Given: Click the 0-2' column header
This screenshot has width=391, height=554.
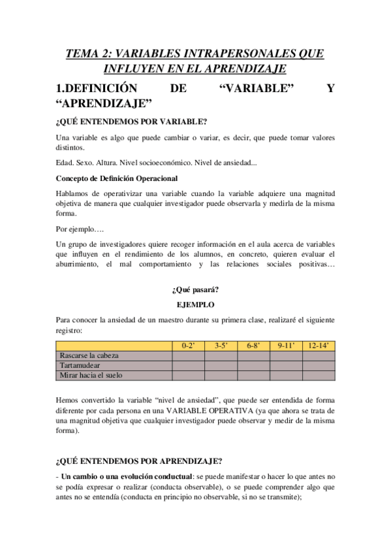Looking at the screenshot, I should [x=188, y=346].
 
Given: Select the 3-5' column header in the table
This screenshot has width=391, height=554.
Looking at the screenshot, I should [x=221, y=346].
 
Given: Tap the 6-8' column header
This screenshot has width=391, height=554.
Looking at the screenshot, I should [x=253, y=346].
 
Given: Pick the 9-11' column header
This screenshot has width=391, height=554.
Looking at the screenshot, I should [x=286, y=346].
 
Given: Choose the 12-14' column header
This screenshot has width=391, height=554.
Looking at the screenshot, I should [x=319, y=346].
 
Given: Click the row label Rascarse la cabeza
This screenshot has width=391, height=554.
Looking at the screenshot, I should [x=89, y=355].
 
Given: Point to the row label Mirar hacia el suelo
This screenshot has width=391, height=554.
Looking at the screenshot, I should [x=91, y=375].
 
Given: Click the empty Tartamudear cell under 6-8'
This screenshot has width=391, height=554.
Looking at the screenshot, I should [x=253, y=365].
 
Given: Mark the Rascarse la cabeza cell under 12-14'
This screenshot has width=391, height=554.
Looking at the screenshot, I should [x=319, y=355].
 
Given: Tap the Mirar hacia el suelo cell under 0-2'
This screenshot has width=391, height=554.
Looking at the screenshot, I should [x=188, y=375].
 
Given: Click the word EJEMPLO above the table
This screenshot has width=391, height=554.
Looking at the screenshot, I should [x=196, y=304].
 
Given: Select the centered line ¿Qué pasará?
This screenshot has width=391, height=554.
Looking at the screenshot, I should [x=196, y=290].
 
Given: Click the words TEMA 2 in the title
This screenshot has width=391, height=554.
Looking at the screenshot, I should [x=91, y=53].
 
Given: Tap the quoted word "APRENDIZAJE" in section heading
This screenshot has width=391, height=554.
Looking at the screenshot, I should [x=104, y=103].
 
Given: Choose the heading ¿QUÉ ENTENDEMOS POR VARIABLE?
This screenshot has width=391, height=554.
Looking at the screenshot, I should [x=132, y=122].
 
